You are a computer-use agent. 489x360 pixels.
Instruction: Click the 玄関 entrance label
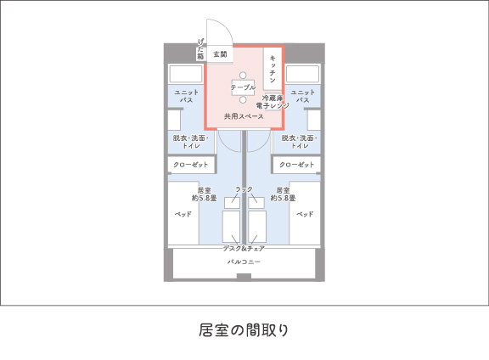[220, 54]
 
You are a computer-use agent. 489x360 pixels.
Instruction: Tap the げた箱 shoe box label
[200, 49]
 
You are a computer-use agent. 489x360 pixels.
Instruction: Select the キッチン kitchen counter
[273, 69]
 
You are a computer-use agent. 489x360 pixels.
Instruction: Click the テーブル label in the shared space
[243, 87]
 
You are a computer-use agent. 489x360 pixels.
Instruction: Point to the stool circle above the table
[243, 76]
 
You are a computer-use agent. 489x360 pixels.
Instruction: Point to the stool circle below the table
[243, 100]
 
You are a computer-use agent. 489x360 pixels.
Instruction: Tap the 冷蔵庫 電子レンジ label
[273, 102]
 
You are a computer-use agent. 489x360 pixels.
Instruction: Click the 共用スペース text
[244, 116]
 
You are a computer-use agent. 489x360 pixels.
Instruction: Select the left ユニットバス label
[186, 96]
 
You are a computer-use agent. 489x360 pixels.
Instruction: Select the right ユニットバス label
[302, 96]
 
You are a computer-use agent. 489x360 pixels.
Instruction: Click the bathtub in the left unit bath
[186, 74]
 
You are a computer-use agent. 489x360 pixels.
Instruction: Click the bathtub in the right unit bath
[302, 74]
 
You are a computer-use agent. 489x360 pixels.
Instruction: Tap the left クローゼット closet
[191, 165]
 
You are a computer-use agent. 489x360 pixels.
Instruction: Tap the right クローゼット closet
[297, 165]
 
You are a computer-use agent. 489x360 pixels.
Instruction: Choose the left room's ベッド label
[183, 214]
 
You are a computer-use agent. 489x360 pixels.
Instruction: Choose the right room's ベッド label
[305, 214]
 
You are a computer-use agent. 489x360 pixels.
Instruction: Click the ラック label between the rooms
[244, 189]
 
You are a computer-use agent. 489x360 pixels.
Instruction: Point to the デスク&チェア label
[244, 248]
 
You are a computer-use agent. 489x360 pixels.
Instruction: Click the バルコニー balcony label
[244, 262]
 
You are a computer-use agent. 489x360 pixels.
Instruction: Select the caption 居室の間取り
[244, 330]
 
